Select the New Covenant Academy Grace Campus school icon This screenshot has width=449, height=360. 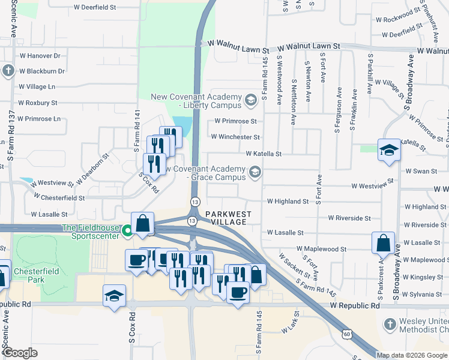coord(255,173)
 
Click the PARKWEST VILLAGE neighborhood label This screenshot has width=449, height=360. coord(226,218)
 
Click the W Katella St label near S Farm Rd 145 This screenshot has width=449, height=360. coord(263,154)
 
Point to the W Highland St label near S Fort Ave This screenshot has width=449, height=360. coord(288,202)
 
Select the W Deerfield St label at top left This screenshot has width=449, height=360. coord(97,8)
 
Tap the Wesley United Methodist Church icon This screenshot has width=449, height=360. coord(390,325)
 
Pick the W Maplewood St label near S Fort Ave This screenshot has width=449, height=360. coord(321,248)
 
